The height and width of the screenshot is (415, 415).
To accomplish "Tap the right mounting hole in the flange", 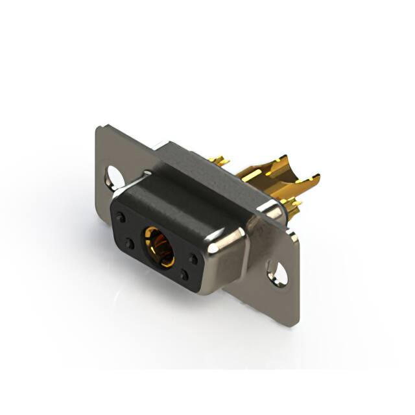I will click(x=278, y=272).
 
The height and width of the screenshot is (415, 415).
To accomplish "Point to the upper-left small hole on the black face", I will click(x=121, y=217).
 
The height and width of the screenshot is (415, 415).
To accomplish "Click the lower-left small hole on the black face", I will click(x=130, y=244).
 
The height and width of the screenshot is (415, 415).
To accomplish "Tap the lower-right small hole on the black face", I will click(x=184, y=275).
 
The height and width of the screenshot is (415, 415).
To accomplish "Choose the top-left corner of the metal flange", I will click(x=98, y=128).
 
